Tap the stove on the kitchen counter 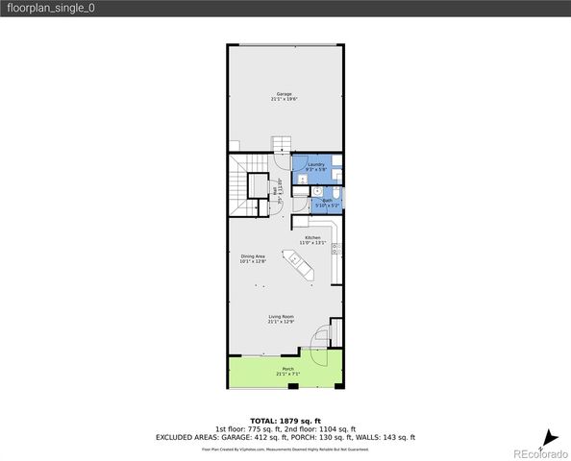pos(335,251)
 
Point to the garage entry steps pos(280,145)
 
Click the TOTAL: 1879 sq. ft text pos(285,421)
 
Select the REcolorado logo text pos(540,451)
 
